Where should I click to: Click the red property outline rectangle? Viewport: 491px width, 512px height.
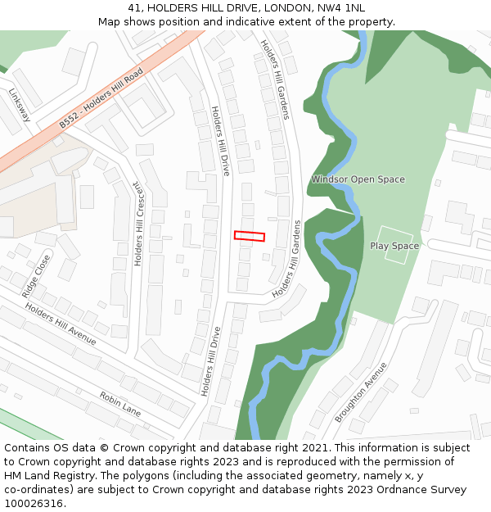point(250,236)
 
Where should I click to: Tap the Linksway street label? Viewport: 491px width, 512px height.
point(19,106)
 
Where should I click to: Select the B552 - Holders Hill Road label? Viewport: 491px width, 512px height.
point(101,98)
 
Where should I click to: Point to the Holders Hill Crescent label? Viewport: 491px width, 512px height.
point(139,224)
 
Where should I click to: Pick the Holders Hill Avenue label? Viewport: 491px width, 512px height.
point(60,324)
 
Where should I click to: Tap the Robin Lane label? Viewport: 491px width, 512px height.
point(120,404)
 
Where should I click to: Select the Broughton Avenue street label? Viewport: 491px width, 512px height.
point(361,392)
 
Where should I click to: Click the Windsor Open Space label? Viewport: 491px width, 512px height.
point(358,179)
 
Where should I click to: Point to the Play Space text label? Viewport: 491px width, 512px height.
point(394,246)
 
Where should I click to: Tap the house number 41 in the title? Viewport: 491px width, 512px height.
point(135,8)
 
